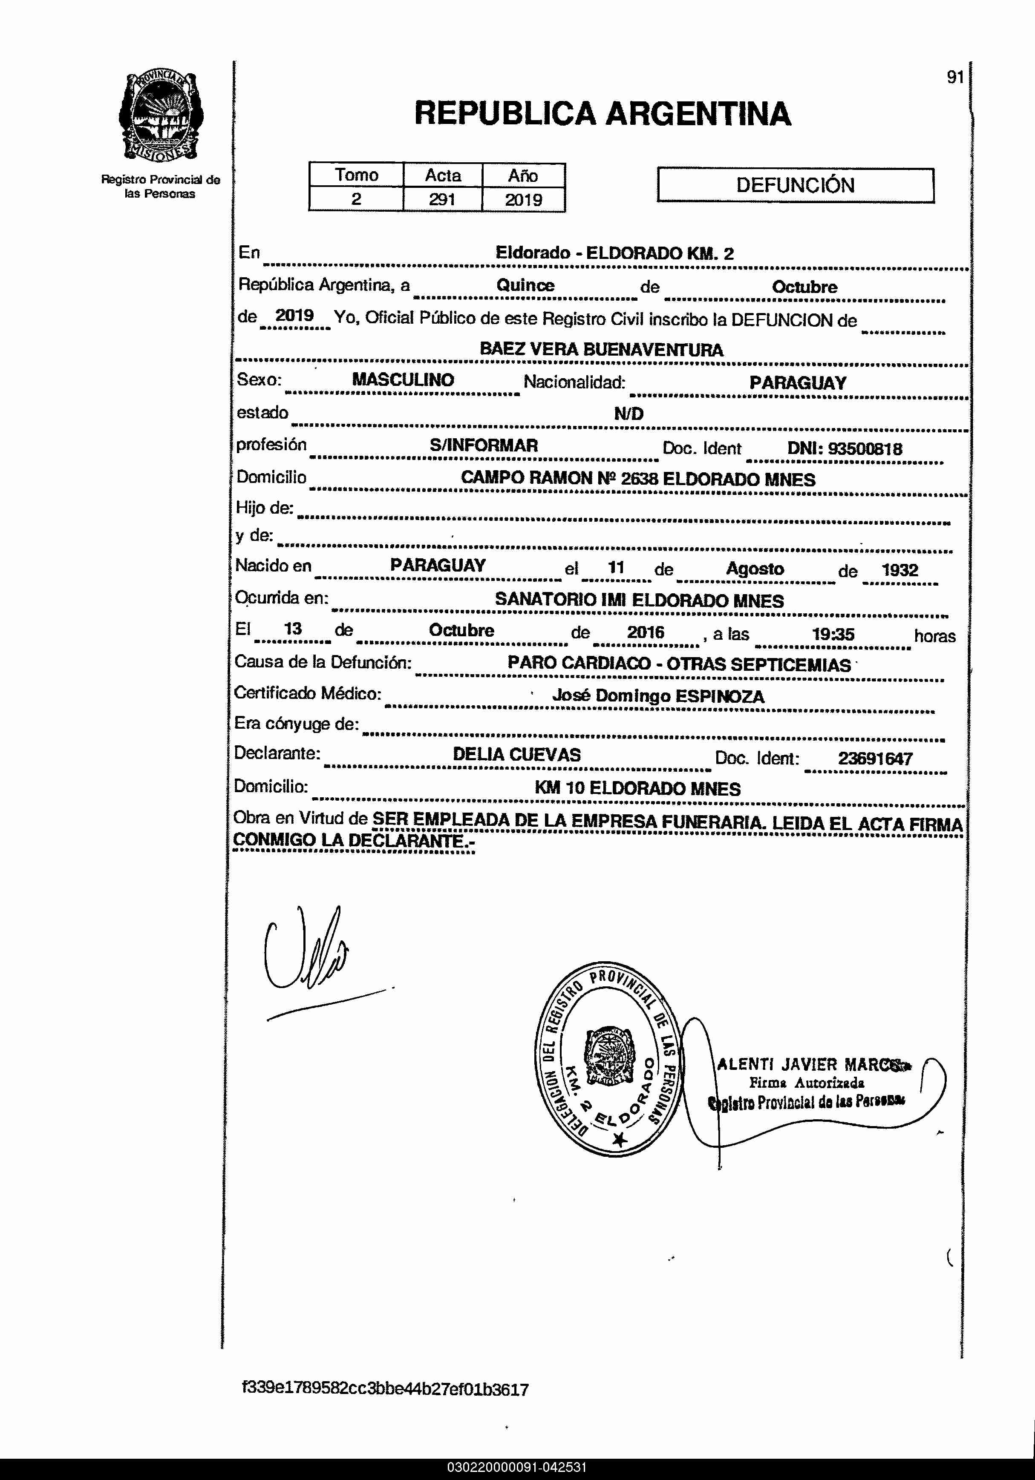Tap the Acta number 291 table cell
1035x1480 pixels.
(x=442, y=199)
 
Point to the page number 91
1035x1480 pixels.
(x=955, y=78)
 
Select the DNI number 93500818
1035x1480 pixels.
(x=865, y=448)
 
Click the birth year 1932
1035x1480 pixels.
(x=899, y=570)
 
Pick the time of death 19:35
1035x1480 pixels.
(x=833, y=634)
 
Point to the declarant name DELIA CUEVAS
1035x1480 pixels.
(x=516, y=755)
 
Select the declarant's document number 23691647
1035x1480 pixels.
(x=875, y=759)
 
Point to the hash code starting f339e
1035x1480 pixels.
(x=385, y=1389)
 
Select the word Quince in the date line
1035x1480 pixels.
(x=525, y=285)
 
